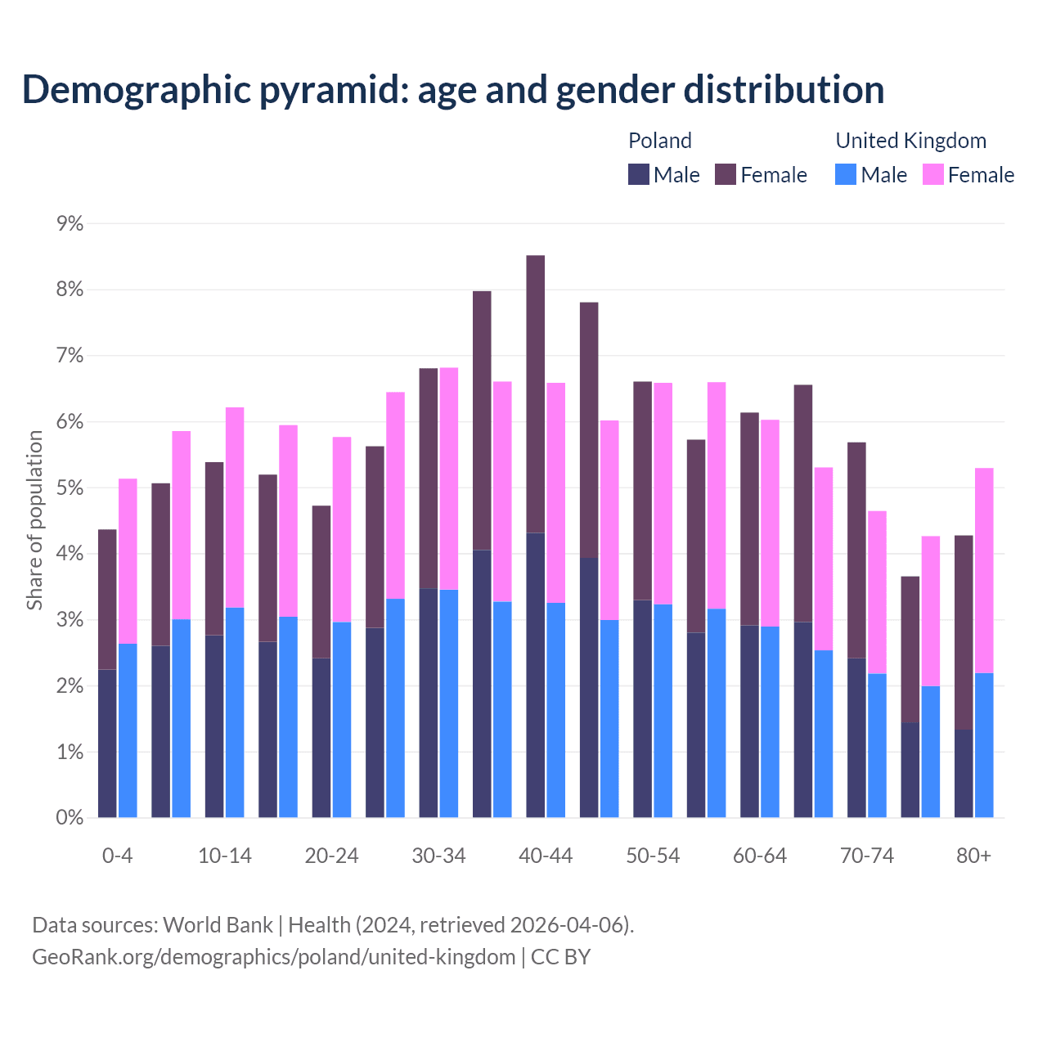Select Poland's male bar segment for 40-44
coord(536,675)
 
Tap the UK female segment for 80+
coord(984,570)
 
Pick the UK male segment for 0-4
coord(128,730)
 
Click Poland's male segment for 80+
coord(964,773)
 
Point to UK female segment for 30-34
coord(449,479)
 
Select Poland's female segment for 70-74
coord(856,550)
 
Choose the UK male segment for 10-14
coord(235,712)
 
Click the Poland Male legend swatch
coord(639,174)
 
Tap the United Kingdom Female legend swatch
coord(933,174)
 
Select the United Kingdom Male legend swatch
coord(846,174)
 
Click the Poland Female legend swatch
coord(726,174)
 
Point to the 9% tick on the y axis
coord(70,223)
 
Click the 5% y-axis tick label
coord(70,488)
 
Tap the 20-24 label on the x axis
coord(331,856)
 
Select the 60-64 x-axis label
coord(760,856)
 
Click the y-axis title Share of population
coord(34,520)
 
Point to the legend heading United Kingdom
coord(910,141)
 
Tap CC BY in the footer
coord(561,956)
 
